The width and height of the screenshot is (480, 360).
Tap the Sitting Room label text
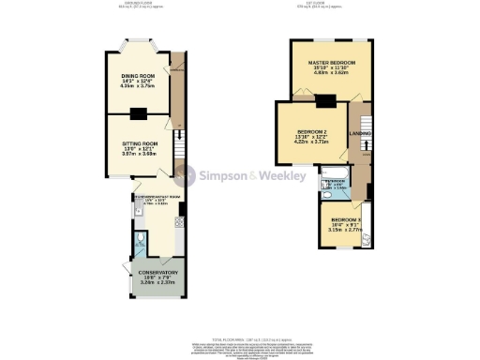138,143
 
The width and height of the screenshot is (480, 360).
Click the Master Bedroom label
329,63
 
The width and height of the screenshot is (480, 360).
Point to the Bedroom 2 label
311,130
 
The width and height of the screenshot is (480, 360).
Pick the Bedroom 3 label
346,218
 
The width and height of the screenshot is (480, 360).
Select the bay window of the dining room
138,43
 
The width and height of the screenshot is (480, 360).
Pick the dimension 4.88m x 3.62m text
329,74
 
